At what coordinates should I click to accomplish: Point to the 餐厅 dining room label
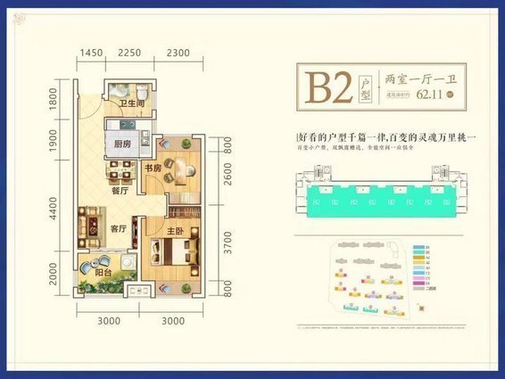(x=120, y=190)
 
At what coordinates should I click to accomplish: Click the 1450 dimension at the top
(x=91, y=53)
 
